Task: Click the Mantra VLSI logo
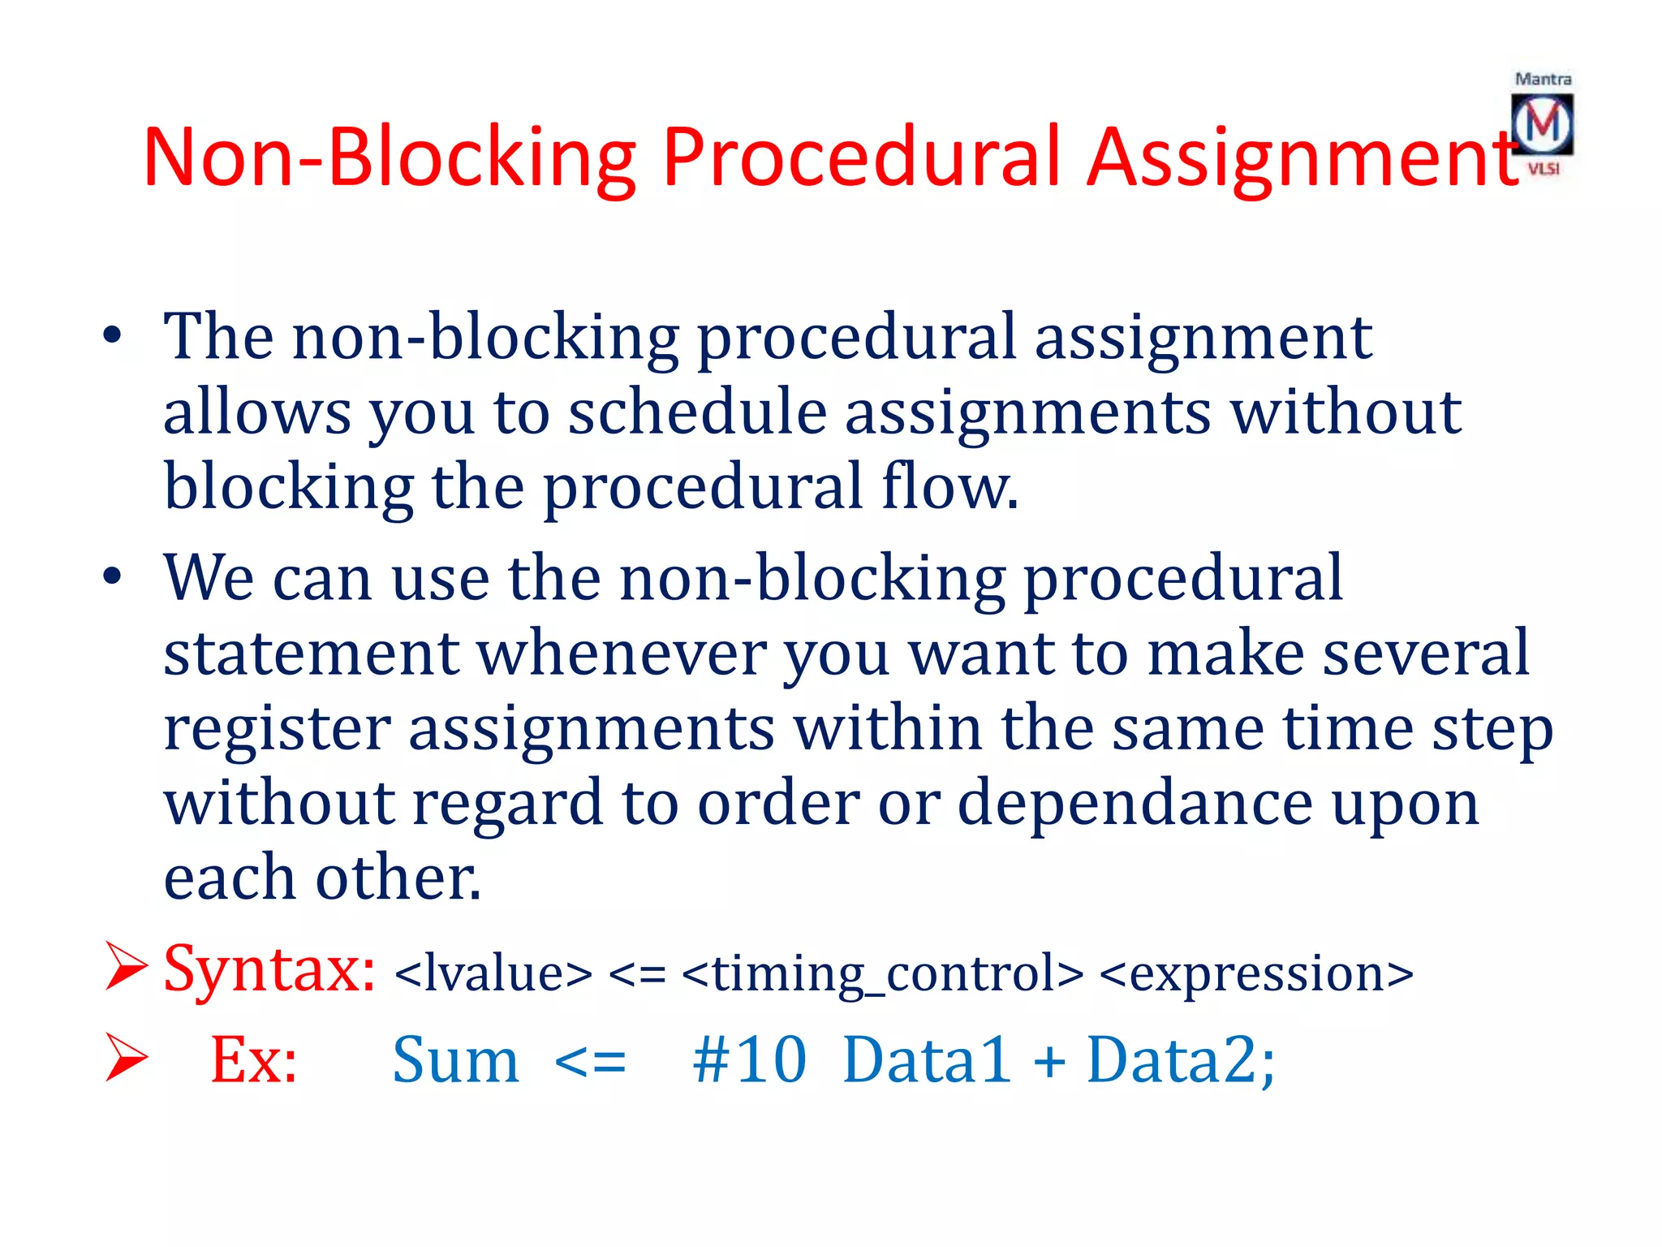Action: click(x=1542, y=124)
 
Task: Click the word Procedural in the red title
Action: click(x=861, y=157)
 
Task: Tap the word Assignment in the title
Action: click(x=1302, y=157)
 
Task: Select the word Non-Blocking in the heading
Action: click(x=390, y=157)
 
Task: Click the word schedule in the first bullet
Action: click(x=696, y=412)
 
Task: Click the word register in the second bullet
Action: click(x=277, y=727)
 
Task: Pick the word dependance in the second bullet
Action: click(x=1135, y=802)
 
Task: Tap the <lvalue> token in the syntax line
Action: click(x=493, y=973)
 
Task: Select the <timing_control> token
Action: click(x=882, y=973)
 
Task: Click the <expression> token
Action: click(x=1256, y=973)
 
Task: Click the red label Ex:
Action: click(x=253, y=1059)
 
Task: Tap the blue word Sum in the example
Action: click(x=455, y=1059)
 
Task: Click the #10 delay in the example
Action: click(x=748, y=1059)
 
